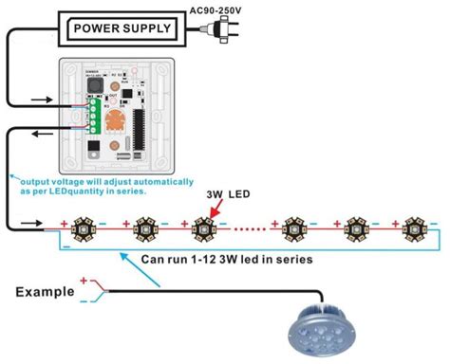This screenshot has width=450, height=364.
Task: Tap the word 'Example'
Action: (x=47, y=292)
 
